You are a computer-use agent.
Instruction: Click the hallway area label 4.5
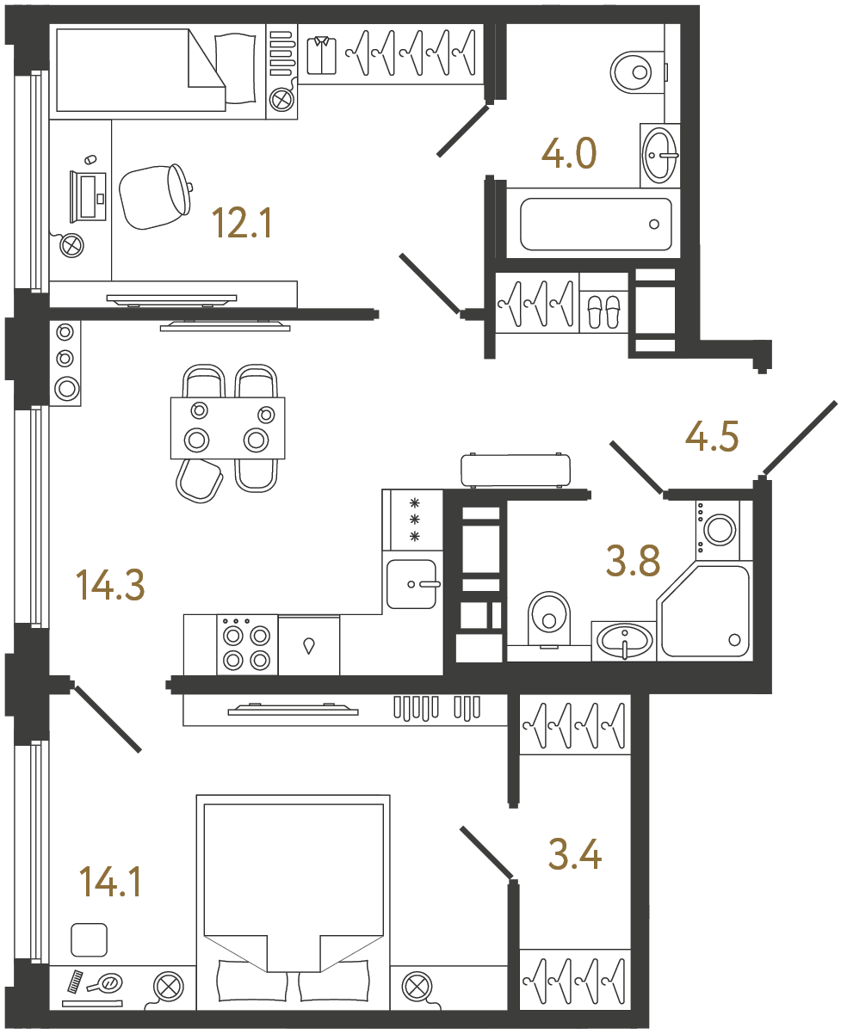click(x=712, y=436)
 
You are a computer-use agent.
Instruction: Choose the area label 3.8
click(x=633, y=563)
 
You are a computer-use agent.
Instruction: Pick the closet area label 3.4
click(x=574, y=855)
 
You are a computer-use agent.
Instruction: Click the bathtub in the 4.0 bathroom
click(x=595, y=225)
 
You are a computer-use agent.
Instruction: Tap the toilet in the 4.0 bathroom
click(x=635, y=71)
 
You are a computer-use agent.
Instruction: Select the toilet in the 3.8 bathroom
click(x=548, y=617)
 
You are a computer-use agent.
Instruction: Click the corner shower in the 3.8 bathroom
click(x=706, y=612)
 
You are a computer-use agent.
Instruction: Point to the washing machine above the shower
click(x=717, y=526)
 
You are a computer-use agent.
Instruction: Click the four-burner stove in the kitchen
click(x=246, y=645)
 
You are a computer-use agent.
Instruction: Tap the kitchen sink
click(x=413, y=583)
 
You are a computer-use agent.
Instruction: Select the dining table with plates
click(x=227, y=428)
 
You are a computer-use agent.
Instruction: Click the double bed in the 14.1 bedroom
click(x=293, y=899)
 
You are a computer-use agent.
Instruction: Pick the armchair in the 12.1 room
click(x=155, y=196)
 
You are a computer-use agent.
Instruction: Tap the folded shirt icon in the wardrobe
click(x=322, y=54)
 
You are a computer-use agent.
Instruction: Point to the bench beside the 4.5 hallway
click(x=516, y=471)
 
